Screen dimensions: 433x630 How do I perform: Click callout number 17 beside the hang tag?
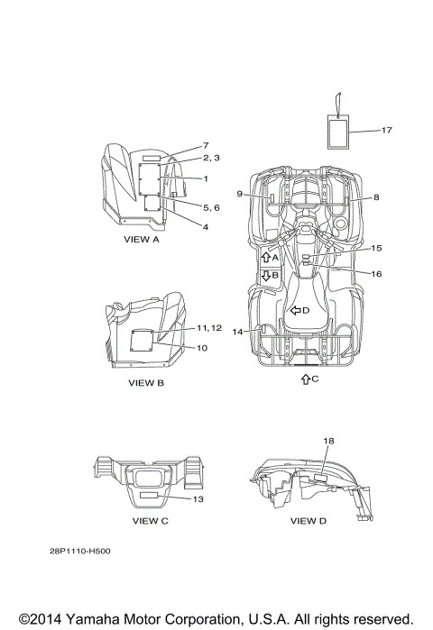[x=386, y=130]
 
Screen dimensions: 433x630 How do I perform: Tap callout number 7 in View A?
[x=206, y=145]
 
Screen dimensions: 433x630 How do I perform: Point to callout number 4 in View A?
[x=206, y=227]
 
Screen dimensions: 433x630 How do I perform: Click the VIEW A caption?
[x=142, y=240]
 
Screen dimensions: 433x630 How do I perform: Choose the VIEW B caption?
[x=146, y=383]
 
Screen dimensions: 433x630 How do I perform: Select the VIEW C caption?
[x=151, y=521]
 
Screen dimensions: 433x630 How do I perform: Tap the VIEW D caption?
[x=309, y=521]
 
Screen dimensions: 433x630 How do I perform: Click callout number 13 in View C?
[x=198, y=499]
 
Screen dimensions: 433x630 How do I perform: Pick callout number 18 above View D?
[x=328, y=441]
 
